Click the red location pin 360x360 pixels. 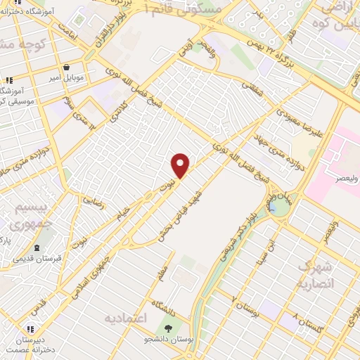181,165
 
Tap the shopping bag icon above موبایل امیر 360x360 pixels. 66,67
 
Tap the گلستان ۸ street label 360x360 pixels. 310,323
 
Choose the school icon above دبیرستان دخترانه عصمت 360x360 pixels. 30,328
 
